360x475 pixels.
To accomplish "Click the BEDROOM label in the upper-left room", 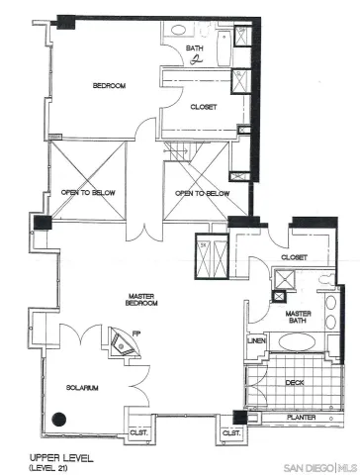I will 109,86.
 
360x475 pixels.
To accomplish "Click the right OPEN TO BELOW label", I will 202,193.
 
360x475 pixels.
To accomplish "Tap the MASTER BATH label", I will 299,319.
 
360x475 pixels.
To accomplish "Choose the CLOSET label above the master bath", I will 294,256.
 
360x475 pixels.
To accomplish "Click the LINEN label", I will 255,342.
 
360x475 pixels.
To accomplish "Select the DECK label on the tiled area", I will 295,381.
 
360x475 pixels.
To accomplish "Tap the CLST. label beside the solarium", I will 136,432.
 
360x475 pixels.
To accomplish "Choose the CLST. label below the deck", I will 230,432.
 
